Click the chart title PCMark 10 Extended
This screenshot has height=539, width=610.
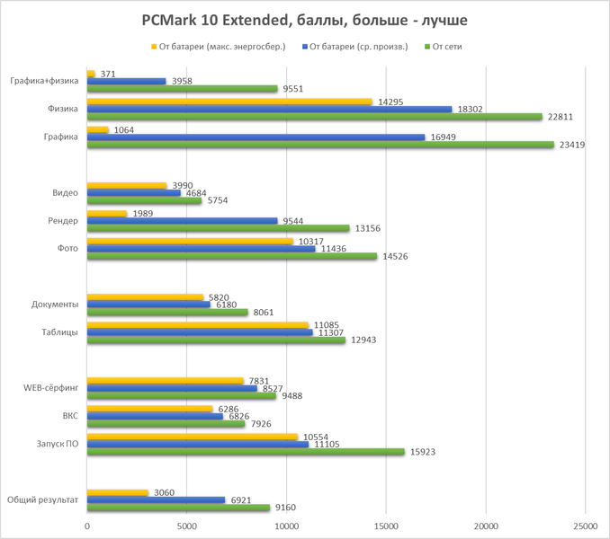click(x=305, y=20)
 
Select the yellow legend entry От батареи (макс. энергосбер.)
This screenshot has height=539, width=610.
click(x=220, y=47)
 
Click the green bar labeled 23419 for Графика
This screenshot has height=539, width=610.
click(x=320, y=145)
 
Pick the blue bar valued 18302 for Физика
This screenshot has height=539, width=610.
click(x=269, y=109)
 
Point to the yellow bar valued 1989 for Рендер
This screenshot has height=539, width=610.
click(x=107, y=213)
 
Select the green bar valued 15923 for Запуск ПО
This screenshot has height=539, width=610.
click(x=246, y=452)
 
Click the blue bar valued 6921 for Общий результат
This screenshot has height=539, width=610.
click(x=156, y=499)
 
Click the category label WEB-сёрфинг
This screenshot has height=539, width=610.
click(x=52, y=388)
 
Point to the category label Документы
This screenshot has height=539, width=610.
click(x=55, y=305)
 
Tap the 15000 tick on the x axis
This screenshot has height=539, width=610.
click(x=386, y=526)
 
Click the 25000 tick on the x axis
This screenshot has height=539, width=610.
click(x=585, y=526)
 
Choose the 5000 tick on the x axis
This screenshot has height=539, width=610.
click(x=187, y=526)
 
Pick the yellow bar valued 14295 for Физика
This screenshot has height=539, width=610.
click(x=229, y=102)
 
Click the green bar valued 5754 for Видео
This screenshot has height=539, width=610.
click(x=144, y=200)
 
